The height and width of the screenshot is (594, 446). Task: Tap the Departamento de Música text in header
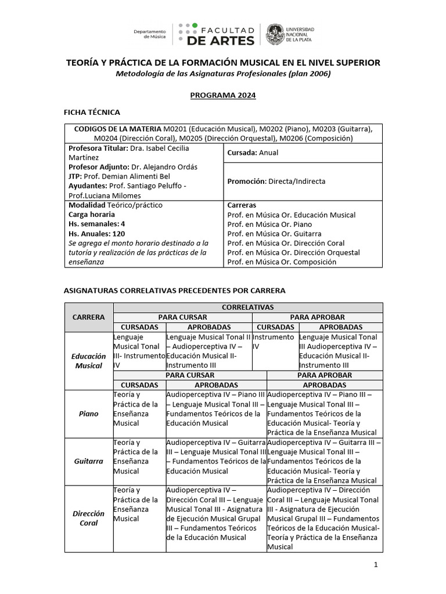(150, 34)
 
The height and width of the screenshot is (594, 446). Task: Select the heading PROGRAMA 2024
(223, 95)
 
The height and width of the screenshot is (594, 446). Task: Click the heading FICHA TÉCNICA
(92, 112)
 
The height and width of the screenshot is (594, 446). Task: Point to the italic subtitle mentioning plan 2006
(223, 73)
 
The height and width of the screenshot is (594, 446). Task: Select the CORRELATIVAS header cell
(248, 307)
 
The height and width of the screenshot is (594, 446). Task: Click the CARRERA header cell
(88, 317)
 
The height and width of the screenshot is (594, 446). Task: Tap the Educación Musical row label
(88, 361)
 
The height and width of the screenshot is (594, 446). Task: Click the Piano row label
(88, 414)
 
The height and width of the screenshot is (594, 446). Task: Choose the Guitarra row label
(88, 461)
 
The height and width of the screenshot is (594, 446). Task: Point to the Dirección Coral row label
(88, 518)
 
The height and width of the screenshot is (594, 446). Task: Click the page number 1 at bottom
(376, 565)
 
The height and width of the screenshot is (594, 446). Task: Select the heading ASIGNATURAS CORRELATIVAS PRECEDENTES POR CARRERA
(174, 290)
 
